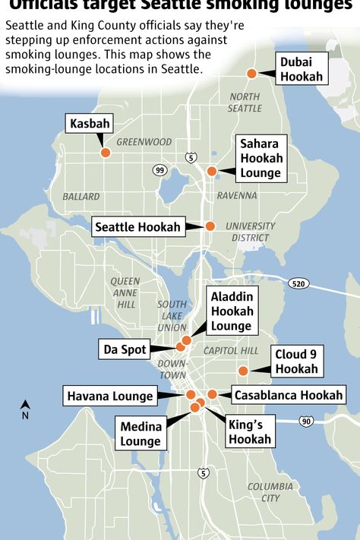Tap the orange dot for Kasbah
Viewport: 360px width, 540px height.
coord(106,153)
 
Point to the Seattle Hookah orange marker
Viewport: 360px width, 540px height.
coord(210,226)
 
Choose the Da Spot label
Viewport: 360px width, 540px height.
coord(125,349)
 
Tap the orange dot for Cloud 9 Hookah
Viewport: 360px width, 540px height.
coord(243,371)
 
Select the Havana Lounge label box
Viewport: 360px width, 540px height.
coord(110,396)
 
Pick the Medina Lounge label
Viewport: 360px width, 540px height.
coord(141,434)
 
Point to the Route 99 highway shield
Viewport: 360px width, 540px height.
coord(159,169)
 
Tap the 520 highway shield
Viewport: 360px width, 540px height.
coord(298,283)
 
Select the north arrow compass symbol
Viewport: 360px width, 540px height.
coord(25,409)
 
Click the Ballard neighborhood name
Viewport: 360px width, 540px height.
coord(81,196)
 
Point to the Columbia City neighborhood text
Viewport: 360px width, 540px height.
coord(270,492)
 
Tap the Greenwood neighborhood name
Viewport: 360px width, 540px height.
coord(144,141)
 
